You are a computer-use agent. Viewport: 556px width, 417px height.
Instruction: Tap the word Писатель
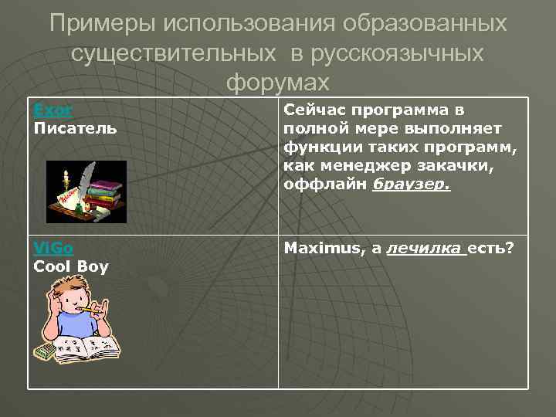click(x=76, y=128)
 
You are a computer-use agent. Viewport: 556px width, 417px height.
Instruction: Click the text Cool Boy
click(x=71, y=267)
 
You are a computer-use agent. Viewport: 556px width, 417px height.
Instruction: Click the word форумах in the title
click(x=278, y=81)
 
